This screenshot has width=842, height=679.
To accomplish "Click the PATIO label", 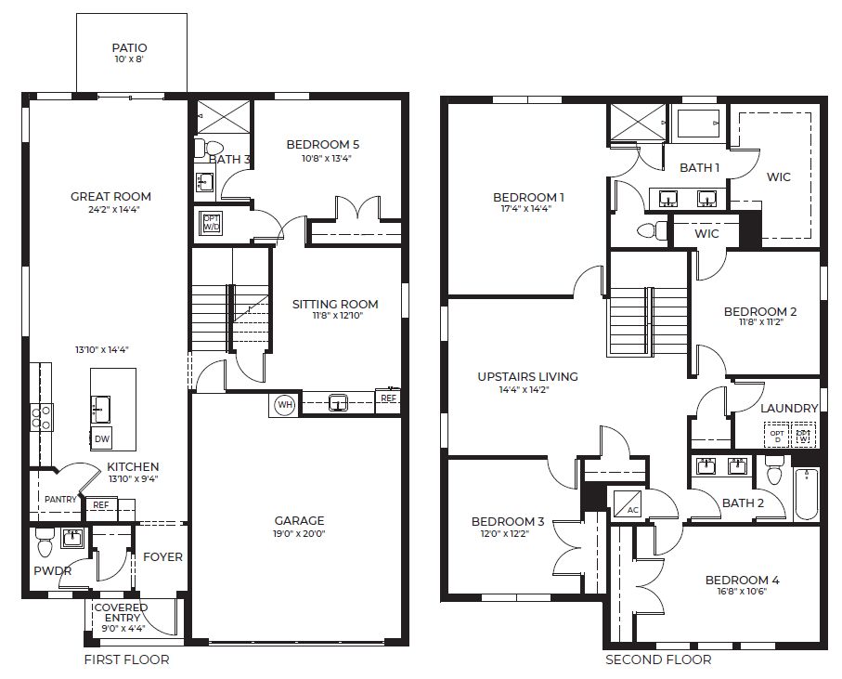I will click(129, 47).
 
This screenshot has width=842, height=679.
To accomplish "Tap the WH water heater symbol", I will click(284, 404).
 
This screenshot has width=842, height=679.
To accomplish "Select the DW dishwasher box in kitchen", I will click(102, 438).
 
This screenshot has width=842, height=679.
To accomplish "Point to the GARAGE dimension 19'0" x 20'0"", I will click(299, 535).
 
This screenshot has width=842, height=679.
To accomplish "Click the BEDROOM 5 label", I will click(322, 144).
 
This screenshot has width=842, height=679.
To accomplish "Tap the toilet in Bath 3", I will click(212, 148).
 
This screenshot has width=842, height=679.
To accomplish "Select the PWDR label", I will click(53, 570).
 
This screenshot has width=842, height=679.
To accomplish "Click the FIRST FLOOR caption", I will click(127, 660).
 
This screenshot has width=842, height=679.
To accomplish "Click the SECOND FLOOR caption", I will click(658, 660).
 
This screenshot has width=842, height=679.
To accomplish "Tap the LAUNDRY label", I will click(789, 408).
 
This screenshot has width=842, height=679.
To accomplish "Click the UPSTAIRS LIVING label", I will click(527, 376).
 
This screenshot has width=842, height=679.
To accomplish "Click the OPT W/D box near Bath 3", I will click(211, 223).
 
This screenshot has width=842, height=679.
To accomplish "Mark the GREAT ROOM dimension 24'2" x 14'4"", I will click(110, 209).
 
